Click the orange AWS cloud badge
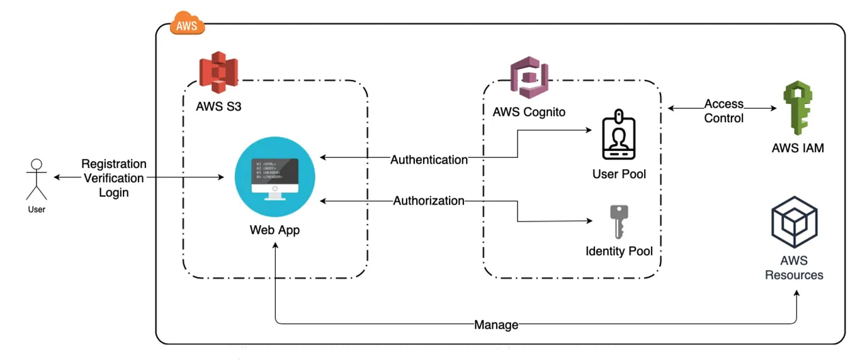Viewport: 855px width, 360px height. pyautogui.click(x=187, y=26)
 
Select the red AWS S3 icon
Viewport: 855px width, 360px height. pyautogui.click(x=217, y=72)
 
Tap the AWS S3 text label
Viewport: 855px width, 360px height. pyautogui.click(x=218, y=106)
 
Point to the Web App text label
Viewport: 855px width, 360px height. pyautogui.click(x=275, y=230)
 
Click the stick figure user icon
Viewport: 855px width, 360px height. pyautogui.click(x=37, y=180)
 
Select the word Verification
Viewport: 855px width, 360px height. pyautogui.click(x=114, y=178)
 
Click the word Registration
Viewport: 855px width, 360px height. pyautogui.click(x=114, y=164)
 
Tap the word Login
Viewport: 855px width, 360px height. pyautogui.click(x=114, y=193)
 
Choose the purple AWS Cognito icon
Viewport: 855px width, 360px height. pyautogui.click(x=529, y=77)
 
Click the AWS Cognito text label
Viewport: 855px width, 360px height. pyautogui.click(x=529, y=113)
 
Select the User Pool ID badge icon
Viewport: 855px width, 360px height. pyautogui.click(x=619, y=136)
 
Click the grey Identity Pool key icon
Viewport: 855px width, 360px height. pyautogui.click(x=619, y=222)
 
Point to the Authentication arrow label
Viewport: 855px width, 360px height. pyautogui.click(x=429, y=160)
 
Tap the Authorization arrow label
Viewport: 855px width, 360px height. pyautogui.click(x=429, y=201)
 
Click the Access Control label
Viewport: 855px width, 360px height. pyautogui.click(x=723, y=111)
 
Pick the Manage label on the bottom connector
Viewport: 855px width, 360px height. pyautogui.click(x=496, y=325)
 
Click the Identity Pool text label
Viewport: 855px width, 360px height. pyautogui.click(x=619, y=251)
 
